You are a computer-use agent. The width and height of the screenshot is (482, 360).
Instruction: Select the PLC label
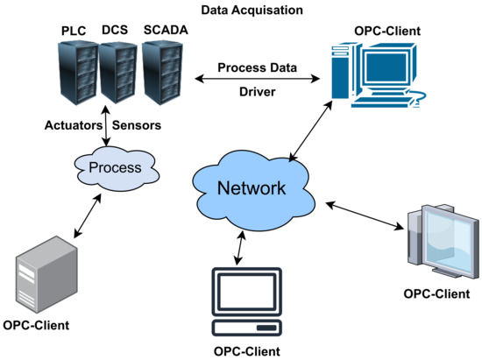(x=74, y=30)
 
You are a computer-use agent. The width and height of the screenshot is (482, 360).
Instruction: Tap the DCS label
(x=114, y=30)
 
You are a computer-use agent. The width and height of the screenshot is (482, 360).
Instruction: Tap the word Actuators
(x=73, y=125)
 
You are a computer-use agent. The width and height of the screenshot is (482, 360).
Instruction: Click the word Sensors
(x=138, y=125)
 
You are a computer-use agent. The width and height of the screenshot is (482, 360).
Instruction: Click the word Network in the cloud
(x=252, y=188)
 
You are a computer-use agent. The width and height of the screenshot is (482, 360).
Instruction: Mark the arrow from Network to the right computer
(x=365, y=215)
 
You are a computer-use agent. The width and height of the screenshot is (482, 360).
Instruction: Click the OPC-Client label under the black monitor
(x=248, y=350)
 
